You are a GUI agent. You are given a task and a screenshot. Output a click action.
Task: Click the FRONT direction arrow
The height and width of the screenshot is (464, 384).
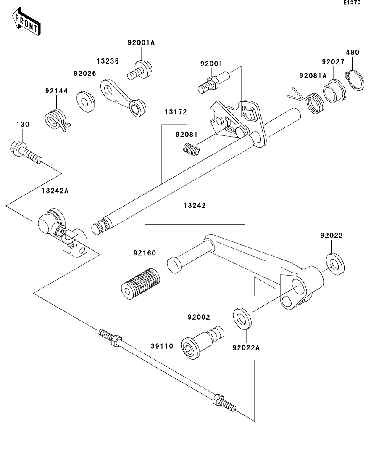[x=26, y=21]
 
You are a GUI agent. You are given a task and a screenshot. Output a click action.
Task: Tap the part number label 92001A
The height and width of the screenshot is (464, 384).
[x=141, y=42]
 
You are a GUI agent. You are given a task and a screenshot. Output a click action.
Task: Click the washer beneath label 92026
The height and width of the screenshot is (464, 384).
[x=86, y=102]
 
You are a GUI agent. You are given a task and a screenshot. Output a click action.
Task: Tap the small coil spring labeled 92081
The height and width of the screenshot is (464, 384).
[x=191, y=149]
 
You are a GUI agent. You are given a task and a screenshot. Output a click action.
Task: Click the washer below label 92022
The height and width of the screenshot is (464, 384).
[x=335, y=264]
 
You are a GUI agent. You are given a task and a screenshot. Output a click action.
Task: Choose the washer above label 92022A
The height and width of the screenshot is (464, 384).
[x=242, y=318]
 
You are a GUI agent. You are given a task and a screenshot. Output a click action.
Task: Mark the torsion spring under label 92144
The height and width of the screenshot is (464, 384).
[x=58, y=119]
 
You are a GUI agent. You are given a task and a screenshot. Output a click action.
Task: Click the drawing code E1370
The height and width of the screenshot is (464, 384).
[x=352, y=3]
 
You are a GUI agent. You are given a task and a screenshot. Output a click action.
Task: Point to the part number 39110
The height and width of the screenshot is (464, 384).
[x=162, y=346]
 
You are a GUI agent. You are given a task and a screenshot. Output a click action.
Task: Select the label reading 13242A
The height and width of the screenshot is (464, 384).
[x=55, y=191]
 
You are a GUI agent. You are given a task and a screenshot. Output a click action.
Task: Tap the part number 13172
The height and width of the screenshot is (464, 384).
[x=176, y=112]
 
